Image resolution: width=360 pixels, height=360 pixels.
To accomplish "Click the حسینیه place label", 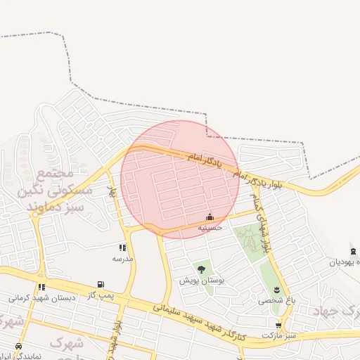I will coord(210,228).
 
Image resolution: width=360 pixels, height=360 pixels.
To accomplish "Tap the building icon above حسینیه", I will coord(210,217).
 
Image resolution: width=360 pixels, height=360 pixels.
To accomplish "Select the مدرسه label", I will coord(122,258).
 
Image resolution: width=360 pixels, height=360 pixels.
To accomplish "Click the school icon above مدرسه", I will coord(122,247).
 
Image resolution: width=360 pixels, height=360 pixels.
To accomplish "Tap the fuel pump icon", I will coord(101,285).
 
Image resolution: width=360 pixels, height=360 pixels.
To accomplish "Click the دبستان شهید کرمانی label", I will coord(42,297).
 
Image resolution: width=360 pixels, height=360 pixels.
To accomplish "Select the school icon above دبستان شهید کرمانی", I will coord(42,287).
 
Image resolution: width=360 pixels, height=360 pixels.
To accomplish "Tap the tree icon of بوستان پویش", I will coord(201,269).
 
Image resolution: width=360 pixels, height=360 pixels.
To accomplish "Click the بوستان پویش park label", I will coord(201,280).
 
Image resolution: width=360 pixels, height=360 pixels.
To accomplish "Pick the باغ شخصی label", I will coord(277,300).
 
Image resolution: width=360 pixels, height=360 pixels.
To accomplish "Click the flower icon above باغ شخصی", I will coord(277,290).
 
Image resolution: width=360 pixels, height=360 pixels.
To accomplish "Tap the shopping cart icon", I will coord(279,326).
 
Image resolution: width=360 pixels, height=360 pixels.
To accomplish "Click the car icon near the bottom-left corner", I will coord(18,346).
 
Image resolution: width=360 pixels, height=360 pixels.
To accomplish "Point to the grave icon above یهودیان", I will coord(352,252).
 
